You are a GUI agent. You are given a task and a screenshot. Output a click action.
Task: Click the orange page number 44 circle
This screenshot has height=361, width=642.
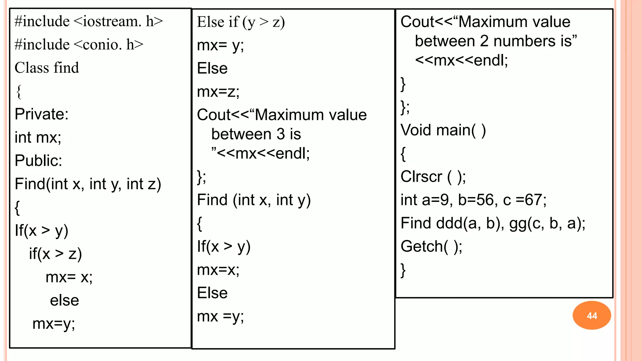(592, 315)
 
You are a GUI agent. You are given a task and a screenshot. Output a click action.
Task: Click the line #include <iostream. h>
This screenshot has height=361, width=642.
(89, 21)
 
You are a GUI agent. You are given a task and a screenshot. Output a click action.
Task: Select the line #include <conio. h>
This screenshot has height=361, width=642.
(79, 44)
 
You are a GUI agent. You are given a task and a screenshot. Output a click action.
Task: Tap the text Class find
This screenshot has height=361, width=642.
(47, 68)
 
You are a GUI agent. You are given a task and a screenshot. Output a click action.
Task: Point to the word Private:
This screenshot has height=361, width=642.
(41, 114)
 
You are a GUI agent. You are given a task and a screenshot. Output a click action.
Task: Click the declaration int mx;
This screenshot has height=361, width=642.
(38, 137)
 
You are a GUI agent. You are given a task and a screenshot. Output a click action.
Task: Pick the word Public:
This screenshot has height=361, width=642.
(38, 160)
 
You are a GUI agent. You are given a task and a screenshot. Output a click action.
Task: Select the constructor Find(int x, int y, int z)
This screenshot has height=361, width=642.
(88, 184)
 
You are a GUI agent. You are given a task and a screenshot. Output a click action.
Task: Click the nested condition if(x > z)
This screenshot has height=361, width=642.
(55, 254)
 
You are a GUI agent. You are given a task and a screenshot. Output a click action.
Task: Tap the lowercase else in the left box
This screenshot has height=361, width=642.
(64, 300)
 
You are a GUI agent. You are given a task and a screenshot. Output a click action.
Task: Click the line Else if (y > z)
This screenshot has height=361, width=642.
(241, 22)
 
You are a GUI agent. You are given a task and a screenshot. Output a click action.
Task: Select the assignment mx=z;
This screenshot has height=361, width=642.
(218, 92)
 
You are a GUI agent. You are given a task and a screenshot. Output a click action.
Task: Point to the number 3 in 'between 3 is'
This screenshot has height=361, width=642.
(280, 134)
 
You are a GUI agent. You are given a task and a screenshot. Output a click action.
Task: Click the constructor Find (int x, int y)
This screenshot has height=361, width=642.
(254, 200)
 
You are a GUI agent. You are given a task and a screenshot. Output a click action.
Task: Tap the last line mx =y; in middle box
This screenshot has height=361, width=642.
(220, 317)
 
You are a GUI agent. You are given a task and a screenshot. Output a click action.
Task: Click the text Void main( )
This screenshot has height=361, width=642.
(443, 130)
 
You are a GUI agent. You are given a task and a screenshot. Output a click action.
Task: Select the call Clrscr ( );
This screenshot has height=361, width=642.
(433, 177)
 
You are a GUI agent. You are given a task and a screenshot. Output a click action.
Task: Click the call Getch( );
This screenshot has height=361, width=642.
(431, 247)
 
